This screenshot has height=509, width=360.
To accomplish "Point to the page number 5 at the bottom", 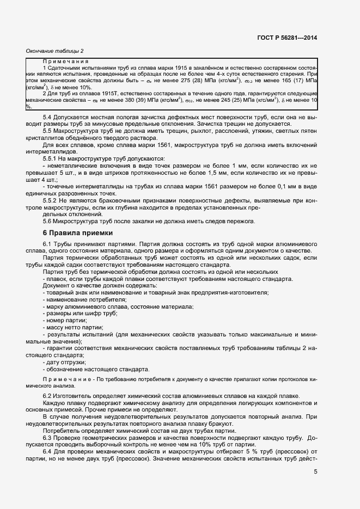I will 316,471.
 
